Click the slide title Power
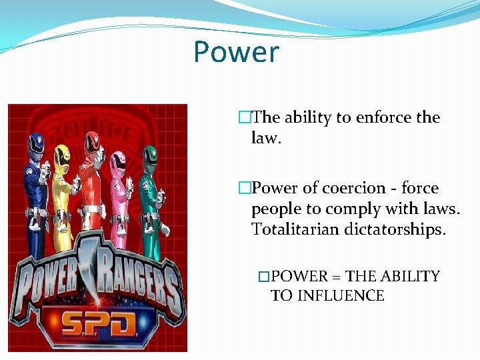[236, 52]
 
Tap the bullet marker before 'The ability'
[245, 118]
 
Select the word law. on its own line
[267, 138]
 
